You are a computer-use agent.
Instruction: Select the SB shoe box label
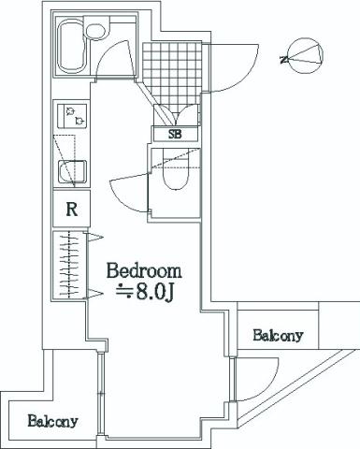tap(174, 134)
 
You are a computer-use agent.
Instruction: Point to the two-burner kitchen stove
tap(71, 117)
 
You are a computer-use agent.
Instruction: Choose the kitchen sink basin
tap(71, 171)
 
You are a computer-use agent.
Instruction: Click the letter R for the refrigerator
tap(71, 209)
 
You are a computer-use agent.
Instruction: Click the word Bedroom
tap(143, 271)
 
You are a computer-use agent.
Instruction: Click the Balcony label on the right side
tap(278, 335)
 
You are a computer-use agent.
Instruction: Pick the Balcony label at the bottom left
tap(51, 420)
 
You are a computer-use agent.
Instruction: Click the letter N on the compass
tap(283, 59)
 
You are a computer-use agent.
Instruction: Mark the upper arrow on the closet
tap(94, 237)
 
